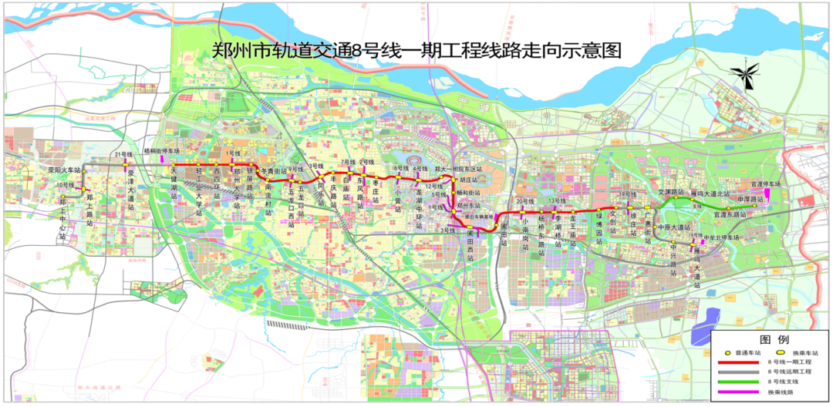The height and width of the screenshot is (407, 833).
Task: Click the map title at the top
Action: click(416, 52)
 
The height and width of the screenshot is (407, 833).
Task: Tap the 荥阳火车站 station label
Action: click(63, 168)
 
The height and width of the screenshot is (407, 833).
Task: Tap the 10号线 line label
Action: click(65, 186)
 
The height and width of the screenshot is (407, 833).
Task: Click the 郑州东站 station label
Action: click(469, 206)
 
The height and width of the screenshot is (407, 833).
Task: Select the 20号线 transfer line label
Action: click(524, 201)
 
